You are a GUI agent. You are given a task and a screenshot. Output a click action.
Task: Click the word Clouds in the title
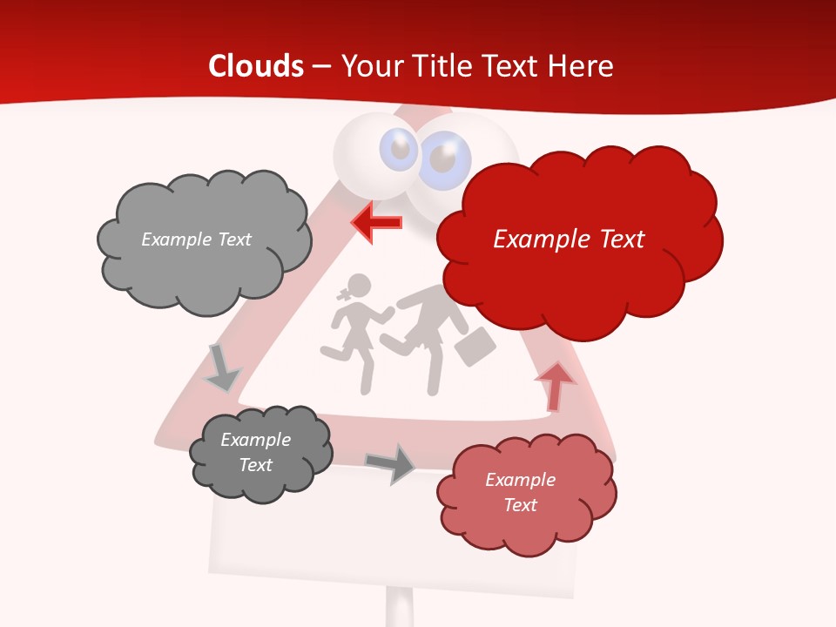click(x=256, y=66)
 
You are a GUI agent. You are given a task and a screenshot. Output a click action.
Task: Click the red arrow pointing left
click(x=376, y=223)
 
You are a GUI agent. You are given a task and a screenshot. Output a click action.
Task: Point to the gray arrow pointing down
click(x=221, y=368)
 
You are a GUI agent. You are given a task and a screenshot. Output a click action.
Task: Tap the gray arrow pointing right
click(x=390, y=463)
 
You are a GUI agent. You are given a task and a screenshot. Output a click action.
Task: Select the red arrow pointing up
click(x=555, y=386)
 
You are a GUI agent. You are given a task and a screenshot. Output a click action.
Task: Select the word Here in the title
click(x=584, y=66)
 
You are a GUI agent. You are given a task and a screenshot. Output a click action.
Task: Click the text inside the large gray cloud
click(x=196, y=239)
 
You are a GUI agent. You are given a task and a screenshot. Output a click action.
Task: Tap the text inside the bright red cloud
click(x=569, y=239)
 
